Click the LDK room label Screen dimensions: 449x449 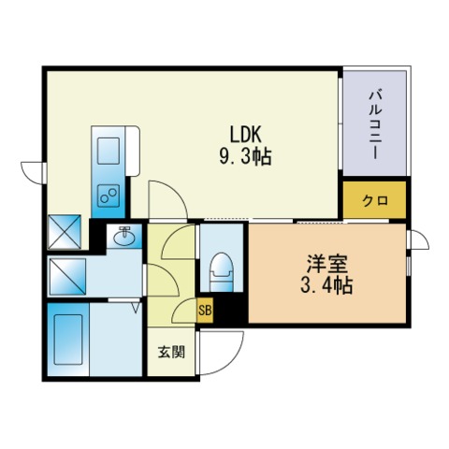click(247, 134)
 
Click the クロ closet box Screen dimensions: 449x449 click(374, 199)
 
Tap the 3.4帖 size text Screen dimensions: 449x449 click(326, 285)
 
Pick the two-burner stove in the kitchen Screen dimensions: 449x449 click(107, 195)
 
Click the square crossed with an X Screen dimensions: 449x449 click(65, 231)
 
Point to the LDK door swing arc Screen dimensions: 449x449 click(168, 198)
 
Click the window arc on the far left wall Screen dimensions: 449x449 click(34, 171)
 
